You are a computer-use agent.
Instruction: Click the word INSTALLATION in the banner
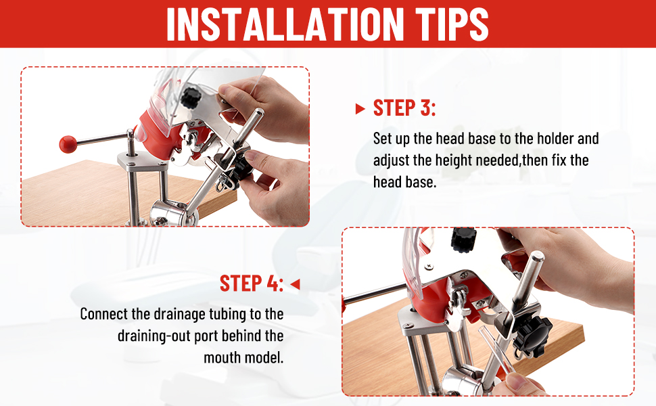coord(285,24)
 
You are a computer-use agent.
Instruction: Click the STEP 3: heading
coord(404,108)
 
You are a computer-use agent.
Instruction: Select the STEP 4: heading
coord(252,284)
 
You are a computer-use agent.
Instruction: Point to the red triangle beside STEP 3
coord(360,109)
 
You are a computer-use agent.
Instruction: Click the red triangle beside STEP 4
coord(295,284)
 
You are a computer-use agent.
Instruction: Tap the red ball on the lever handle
coord(68,144)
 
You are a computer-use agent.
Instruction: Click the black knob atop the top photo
coord(191,97)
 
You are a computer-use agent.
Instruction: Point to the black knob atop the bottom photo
coord(463,239)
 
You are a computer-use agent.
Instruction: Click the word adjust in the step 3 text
coord(391,161)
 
